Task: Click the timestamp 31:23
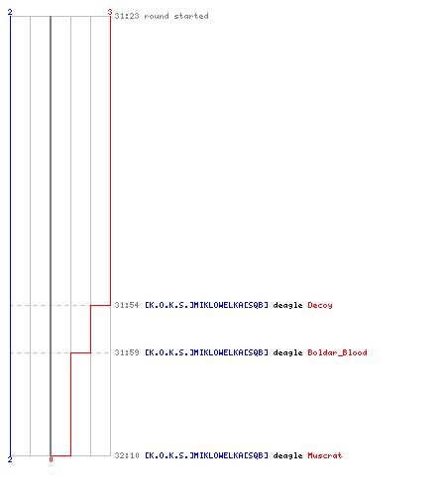coord(127,16)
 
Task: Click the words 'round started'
coord(176,16)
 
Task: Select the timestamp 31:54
coord(127,305)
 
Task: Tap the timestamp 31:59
coord(127,352)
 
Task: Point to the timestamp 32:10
coord(127,455)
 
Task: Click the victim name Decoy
coord(320,305)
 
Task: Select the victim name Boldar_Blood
coord(337,352)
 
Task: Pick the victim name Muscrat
coord(325,455)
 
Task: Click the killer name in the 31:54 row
coord(206,305)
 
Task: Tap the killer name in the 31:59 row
coord(206,352)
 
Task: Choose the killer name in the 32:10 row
coord(206,455)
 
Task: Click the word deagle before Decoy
coord(287,305)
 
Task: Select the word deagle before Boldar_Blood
coord(287,352)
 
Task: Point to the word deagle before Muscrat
coord(287,455)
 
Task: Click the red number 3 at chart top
coord(110,12)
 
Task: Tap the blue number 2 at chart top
coord(10,12)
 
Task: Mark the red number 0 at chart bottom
coord(51,459)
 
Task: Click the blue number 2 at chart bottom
coord(10,459)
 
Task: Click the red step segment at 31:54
coord(100,305)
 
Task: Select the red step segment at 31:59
coord(80,352)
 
